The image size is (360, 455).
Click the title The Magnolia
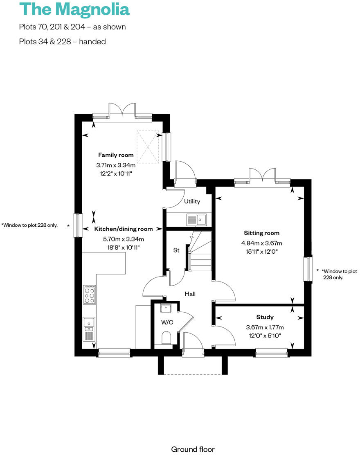pyautogui.click(x=74, y=9)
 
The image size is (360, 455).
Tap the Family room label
pyautogui.click(x=116, y=155)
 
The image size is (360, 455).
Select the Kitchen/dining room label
pyautogui.click(x=123, y=229)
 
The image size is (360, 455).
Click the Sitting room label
pyautogui.click(x=261, y=233)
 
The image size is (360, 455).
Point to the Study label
pyautogui.click(x=265, y=317)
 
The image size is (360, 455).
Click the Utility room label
pyautogui.click(x=192, y=201)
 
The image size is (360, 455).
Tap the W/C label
pyautogui.click(x=167, y=322)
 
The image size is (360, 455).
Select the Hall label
pyautogui.click(x=190, y=294)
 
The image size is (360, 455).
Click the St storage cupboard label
pyautogui.click(x=176, y=250)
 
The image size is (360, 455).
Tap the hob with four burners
pyautogui.click(x=90, y=295)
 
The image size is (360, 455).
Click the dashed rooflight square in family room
pyautogui.click(x=148, y=146)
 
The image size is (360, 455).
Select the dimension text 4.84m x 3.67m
pyautogui.click(x=261, y=243)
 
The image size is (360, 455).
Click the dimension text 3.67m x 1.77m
pyautogui.click(x=265, y=327)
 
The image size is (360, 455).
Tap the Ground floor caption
pyautogui.click(x=192, y=449)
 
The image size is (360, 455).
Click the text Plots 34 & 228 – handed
pyautogui.click(x=62, y=41)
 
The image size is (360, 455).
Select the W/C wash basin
pyautogui.click(x=166, y=308)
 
